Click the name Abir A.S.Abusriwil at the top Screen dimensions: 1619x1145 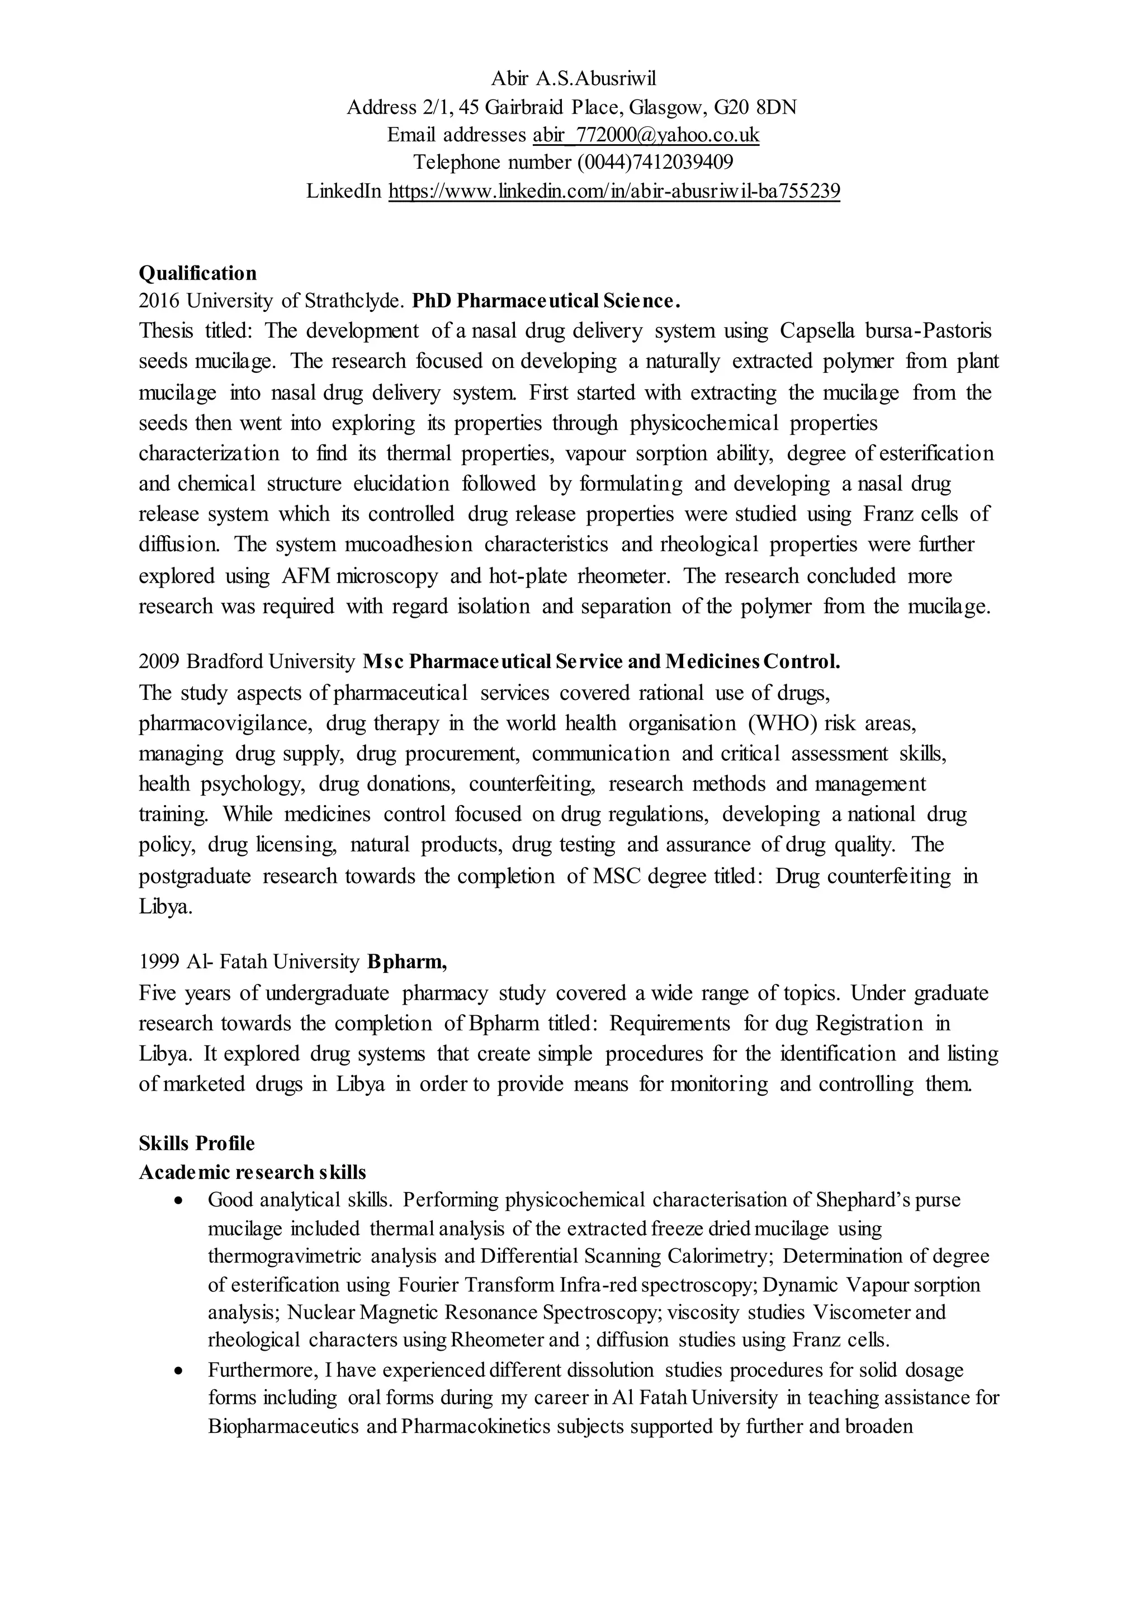(572, 78)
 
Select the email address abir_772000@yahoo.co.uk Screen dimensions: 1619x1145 (646, 134)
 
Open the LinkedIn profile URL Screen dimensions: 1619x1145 (614, 191)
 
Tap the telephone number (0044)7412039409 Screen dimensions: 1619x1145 (655, 162)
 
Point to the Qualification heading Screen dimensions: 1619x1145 (197, 272)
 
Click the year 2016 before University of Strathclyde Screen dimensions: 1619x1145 (159, 301)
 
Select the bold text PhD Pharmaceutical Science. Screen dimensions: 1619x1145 (546, 301)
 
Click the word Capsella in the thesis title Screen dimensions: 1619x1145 (812, 331)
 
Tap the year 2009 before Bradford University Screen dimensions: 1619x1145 (159, 661)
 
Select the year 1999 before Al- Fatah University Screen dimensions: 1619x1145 (159, 961)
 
